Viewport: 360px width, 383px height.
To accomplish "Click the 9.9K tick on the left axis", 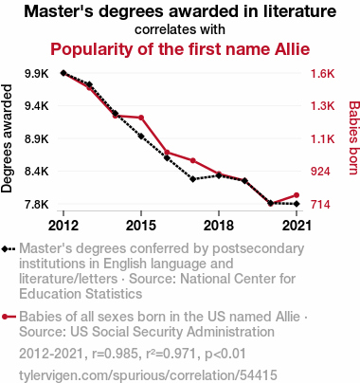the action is (37, 74).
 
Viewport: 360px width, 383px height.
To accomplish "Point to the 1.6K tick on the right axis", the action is (322, 74).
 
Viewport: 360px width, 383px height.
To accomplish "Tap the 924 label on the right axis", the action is (320, 172).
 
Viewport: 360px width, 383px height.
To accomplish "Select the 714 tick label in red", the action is (320, 205).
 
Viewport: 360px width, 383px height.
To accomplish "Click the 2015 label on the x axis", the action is (141, 226).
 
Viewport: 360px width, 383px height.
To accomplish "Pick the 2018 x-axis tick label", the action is (219, 226).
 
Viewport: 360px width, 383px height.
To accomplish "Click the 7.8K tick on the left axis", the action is (37, 205).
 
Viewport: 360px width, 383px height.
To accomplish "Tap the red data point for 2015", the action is (141, 118).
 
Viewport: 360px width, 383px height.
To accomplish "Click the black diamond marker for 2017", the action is (193, 179).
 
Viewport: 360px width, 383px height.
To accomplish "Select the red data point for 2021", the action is (297, 195).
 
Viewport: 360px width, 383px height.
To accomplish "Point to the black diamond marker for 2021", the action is (297, 204).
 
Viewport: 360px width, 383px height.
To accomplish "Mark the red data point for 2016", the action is (167, 153).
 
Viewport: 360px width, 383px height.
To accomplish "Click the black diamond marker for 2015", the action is (141, 137).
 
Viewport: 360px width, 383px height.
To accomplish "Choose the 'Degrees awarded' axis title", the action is (7, 138).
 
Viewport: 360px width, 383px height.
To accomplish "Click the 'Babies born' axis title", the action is (354, 137).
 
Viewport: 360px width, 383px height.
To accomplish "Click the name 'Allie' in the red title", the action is (293, 49).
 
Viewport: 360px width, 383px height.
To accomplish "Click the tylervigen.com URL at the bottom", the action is (148, 375).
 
